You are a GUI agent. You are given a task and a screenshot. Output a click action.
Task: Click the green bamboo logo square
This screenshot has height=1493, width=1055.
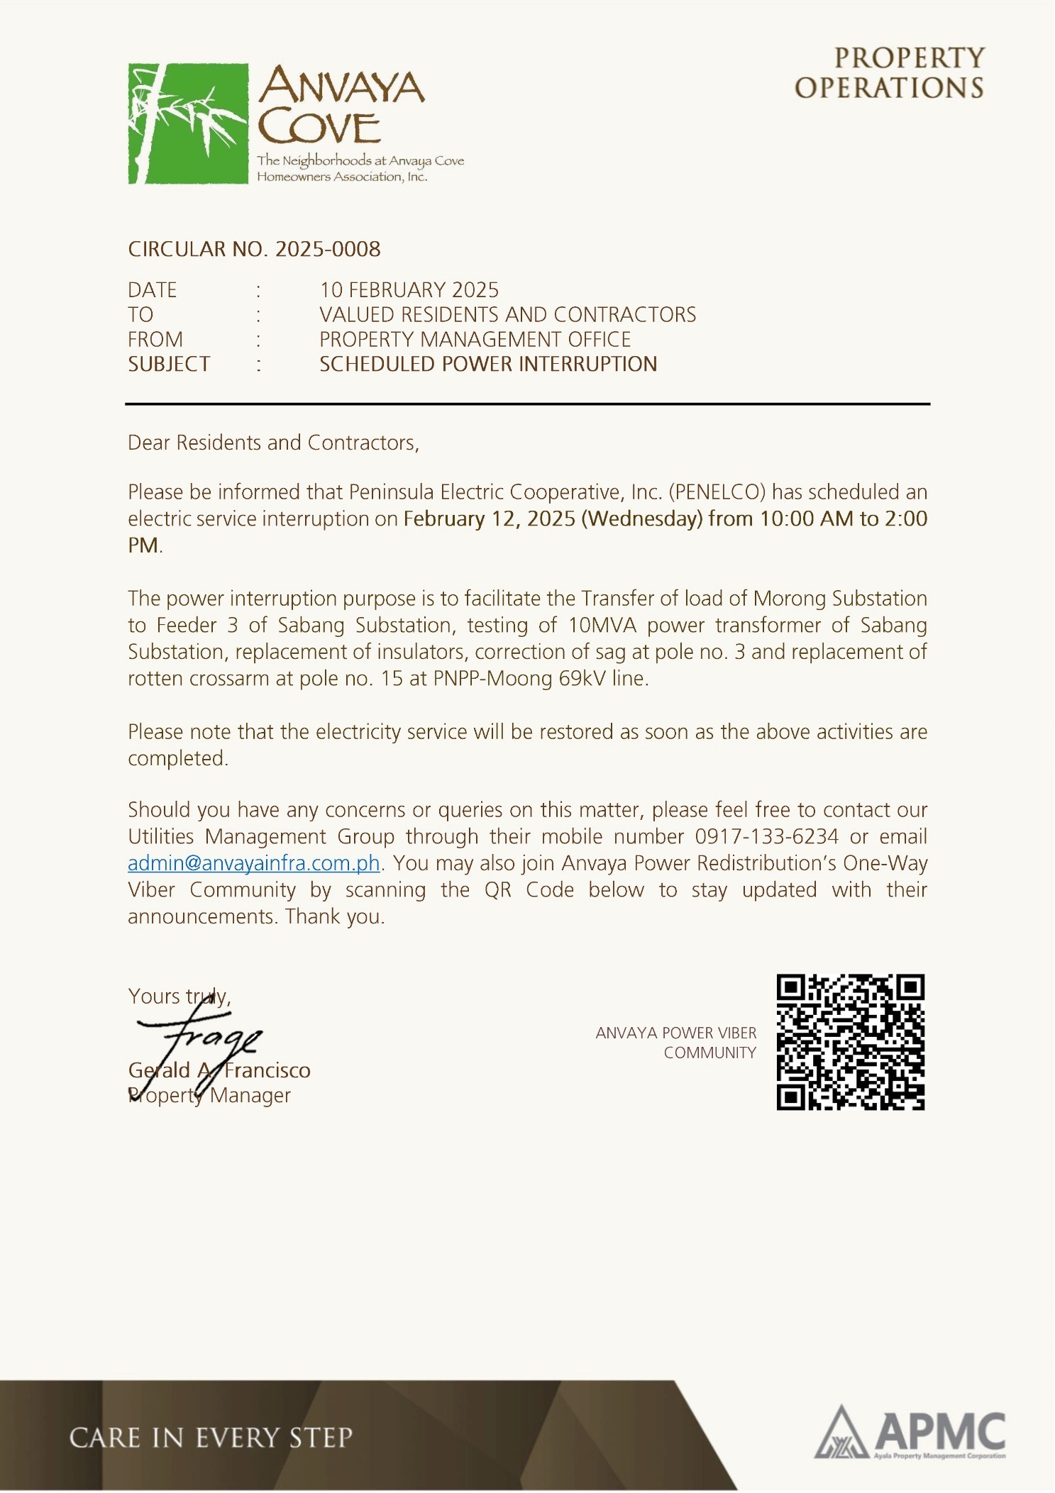point(188,123)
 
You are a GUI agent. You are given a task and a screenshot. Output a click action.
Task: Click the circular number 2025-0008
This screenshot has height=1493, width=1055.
point(327,249)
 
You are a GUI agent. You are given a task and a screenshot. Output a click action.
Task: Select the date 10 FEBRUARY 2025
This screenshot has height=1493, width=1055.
point(409,290)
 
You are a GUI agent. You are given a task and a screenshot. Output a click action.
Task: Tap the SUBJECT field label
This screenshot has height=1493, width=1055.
point(169,364)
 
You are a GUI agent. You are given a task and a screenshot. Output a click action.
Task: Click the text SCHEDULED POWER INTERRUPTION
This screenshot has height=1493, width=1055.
point(488,364)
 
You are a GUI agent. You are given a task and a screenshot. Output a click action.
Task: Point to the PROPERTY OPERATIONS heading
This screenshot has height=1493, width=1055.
point(889,73)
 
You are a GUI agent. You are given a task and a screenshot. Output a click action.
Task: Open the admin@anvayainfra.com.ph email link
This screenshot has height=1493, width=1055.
point(253,863)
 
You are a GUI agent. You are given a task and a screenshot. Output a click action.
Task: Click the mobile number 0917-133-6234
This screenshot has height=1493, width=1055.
point(766,836)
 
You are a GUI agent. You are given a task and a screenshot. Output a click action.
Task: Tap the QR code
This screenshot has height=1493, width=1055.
point(850,1041)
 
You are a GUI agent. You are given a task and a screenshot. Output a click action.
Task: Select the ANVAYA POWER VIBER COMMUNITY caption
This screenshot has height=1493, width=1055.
point(675,1043)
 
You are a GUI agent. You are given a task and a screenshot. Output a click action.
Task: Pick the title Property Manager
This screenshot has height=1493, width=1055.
point(210,1095)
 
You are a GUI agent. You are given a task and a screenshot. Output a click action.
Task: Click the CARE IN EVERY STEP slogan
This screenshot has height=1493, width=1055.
point(211,1438)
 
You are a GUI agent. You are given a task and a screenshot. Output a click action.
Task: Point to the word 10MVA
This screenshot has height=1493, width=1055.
point(602,625)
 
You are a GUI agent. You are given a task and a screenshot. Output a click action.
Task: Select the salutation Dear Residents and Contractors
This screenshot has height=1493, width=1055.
point(273,443)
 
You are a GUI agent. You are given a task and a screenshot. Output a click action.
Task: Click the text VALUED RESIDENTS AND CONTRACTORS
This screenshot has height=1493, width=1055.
point(507,314)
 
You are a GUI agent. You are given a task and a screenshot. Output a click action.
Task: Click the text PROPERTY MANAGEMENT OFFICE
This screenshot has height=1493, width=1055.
point(475,339)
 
